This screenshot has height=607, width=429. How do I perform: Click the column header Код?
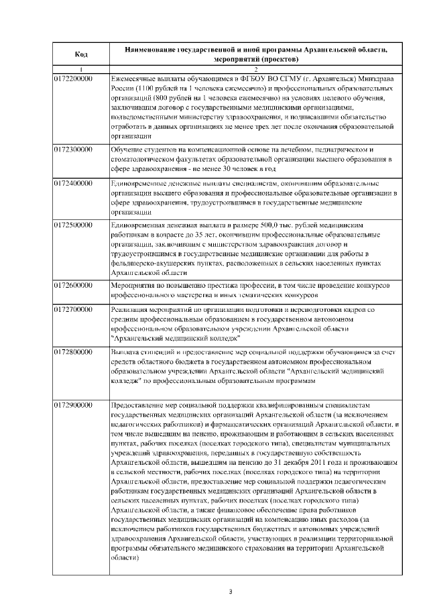click(x=80, y=54)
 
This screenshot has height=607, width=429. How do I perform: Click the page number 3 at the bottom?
click(x=230, y=591)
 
